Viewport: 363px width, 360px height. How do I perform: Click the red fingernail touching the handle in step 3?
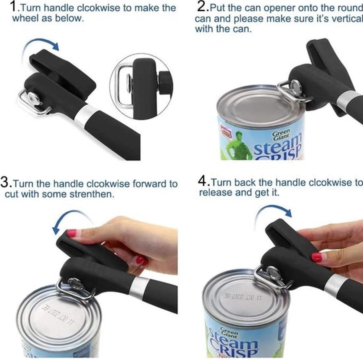72,233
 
